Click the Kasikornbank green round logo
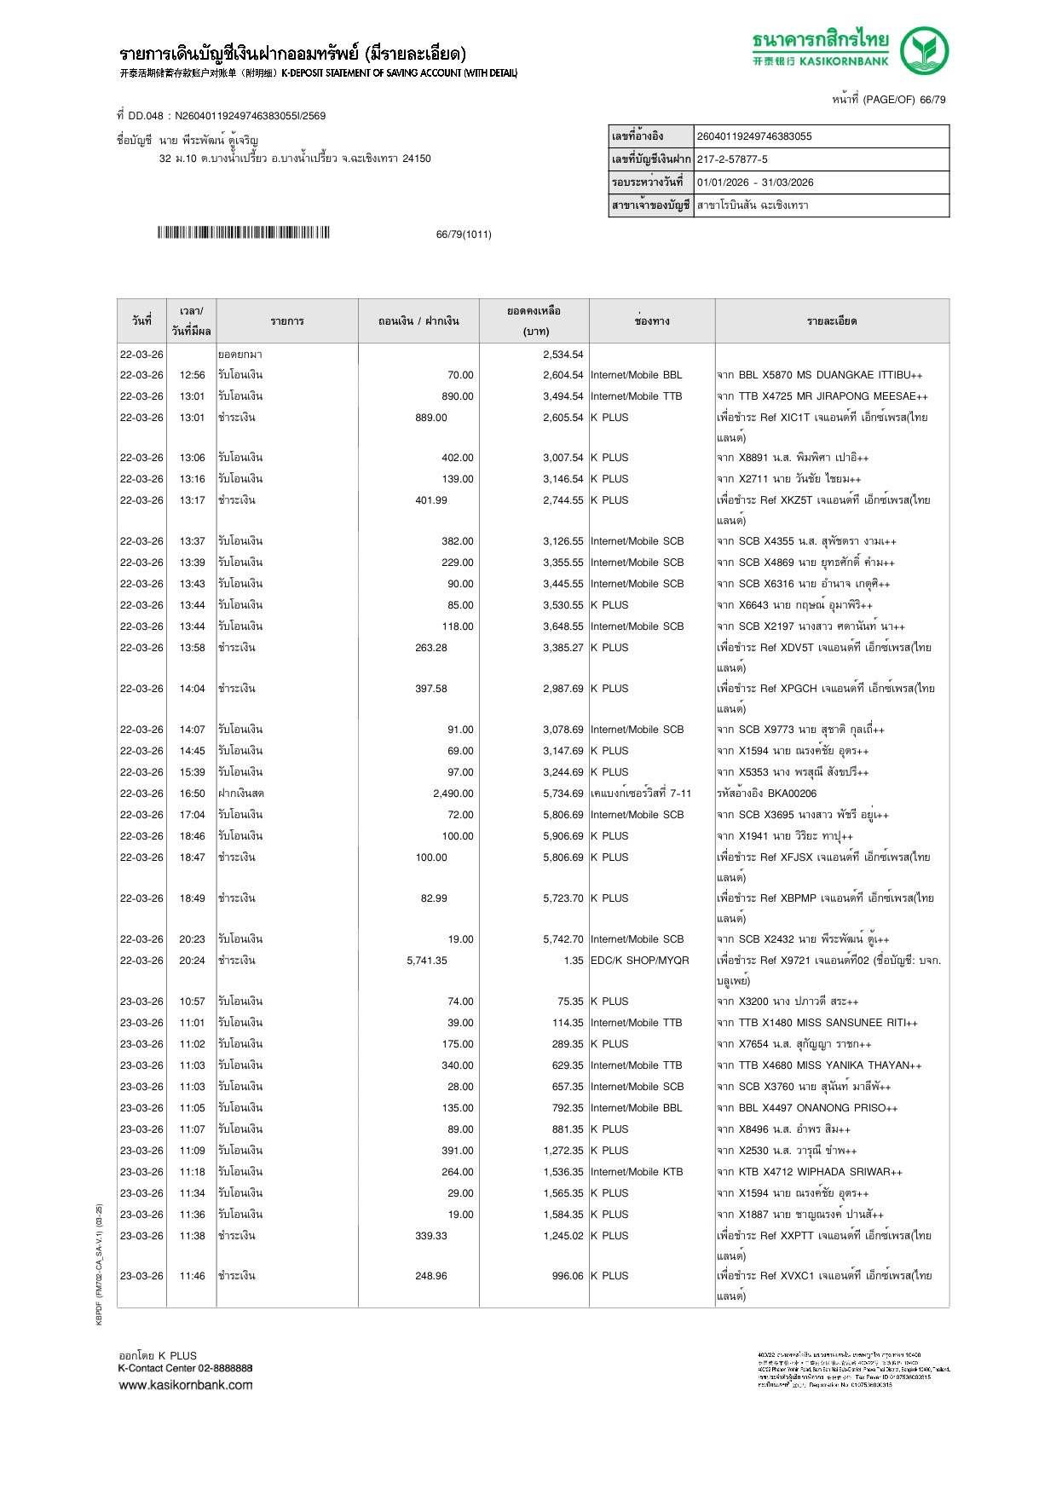point(924,50)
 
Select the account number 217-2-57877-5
point(732,159)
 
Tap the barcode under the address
point(243,233)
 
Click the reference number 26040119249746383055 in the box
point(754,136)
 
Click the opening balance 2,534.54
point(563,355)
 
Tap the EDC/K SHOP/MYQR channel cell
point(639,961)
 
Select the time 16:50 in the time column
point(192,794)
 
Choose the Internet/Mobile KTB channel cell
point(636,1172)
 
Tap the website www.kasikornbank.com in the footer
point(186,1385)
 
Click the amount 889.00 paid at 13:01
point(431,418)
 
